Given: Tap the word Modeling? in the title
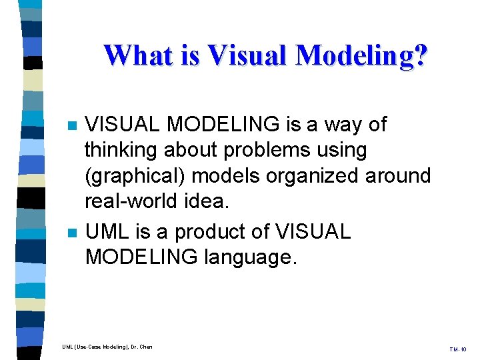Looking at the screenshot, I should pos(360,57).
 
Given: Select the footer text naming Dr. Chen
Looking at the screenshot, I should pos(107,347).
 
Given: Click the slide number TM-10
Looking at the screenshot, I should pos(459,349).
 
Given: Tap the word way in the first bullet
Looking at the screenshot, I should pos(338,125).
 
